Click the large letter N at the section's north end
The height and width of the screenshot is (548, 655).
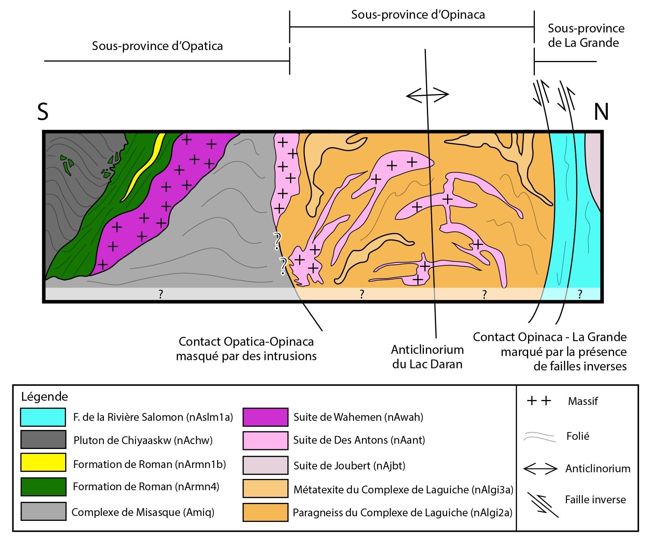click(x=601, y=112)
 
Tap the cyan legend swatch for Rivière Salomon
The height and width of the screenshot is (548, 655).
click(x=43, y=417)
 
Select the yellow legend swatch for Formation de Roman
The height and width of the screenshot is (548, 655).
click(x=43, y=462)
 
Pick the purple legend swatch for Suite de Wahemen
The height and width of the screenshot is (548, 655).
click(x=265, y=417)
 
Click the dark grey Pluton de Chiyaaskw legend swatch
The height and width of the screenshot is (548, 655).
click(x=43, y=439)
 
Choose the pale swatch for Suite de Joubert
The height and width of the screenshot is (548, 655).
click(x=265, y=466)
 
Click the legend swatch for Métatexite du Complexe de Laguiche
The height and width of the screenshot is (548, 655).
click(x=265, y=489)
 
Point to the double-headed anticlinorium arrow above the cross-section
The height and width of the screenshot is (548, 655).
click(x=427, y=94)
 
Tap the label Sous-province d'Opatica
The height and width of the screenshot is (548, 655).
click(x=157, y=46)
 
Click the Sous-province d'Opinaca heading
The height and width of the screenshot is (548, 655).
click(x=418, y=15)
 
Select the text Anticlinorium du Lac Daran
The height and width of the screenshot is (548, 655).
click(x=427, y=357)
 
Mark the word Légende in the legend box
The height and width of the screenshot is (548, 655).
click(x=45, y=397)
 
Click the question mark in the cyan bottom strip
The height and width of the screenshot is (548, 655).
click(x=580, y=294)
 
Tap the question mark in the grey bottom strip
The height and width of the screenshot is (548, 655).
click(x=161, y=294)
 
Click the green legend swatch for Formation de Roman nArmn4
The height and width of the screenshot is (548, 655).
click(x=43, y=487)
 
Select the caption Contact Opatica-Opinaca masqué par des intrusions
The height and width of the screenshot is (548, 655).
click(x=246, y=349)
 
